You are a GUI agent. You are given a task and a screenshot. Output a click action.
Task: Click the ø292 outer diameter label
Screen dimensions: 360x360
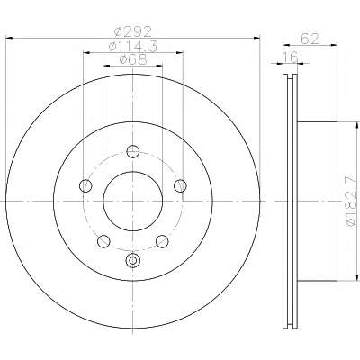133,31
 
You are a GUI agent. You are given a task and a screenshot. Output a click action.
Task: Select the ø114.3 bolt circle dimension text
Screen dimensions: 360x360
133,47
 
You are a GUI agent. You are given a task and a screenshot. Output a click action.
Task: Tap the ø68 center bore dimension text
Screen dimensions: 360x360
133,59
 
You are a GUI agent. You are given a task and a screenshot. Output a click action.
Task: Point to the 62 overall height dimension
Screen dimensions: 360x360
310,39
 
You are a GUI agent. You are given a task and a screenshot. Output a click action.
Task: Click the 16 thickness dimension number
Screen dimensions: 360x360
291,57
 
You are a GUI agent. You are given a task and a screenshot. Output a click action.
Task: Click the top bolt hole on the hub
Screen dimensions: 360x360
133,151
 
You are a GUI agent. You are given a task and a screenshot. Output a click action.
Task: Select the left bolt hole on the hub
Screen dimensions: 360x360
85,185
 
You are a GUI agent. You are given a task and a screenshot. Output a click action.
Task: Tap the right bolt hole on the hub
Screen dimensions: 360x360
180,185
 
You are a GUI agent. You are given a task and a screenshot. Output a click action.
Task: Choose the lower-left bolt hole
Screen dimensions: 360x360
103,241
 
